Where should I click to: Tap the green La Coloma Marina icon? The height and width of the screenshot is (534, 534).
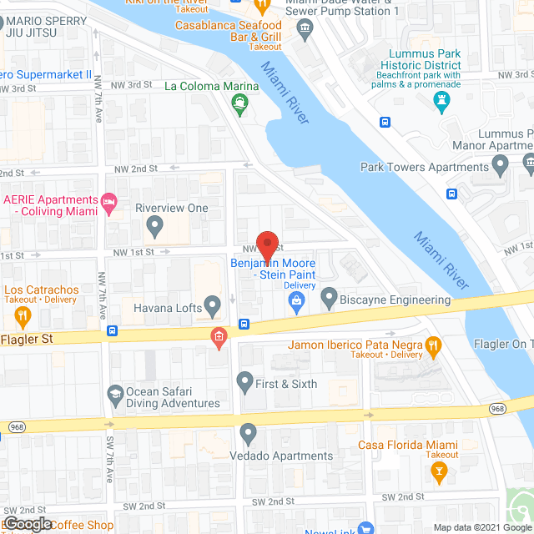[x=240, y=103]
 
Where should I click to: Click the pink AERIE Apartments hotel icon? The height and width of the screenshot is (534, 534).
[x=108, y=202]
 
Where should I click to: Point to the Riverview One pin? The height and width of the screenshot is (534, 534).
[x=154, y=225]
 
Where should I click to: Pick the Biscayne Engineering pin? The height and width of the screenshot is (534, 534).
[x=329, y=297]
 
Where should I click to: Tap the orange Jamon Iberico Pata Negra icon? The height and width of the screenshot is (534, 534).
[x=432, y=345]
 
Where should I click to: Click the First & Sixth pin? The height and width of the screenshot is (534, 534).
[x=244, y=382]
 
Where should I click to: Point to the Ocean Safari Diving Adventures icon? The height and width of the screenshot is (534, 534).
[x=114, y=393]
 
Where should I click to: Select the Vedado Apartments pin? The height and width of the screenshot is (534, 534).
[x=248, y=433]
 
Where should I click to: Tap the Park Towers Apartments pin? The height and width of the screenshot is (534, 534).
[x=501, y=167]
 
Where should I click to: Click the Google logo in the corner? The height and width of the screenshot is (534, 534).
[x=27, y=523]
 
